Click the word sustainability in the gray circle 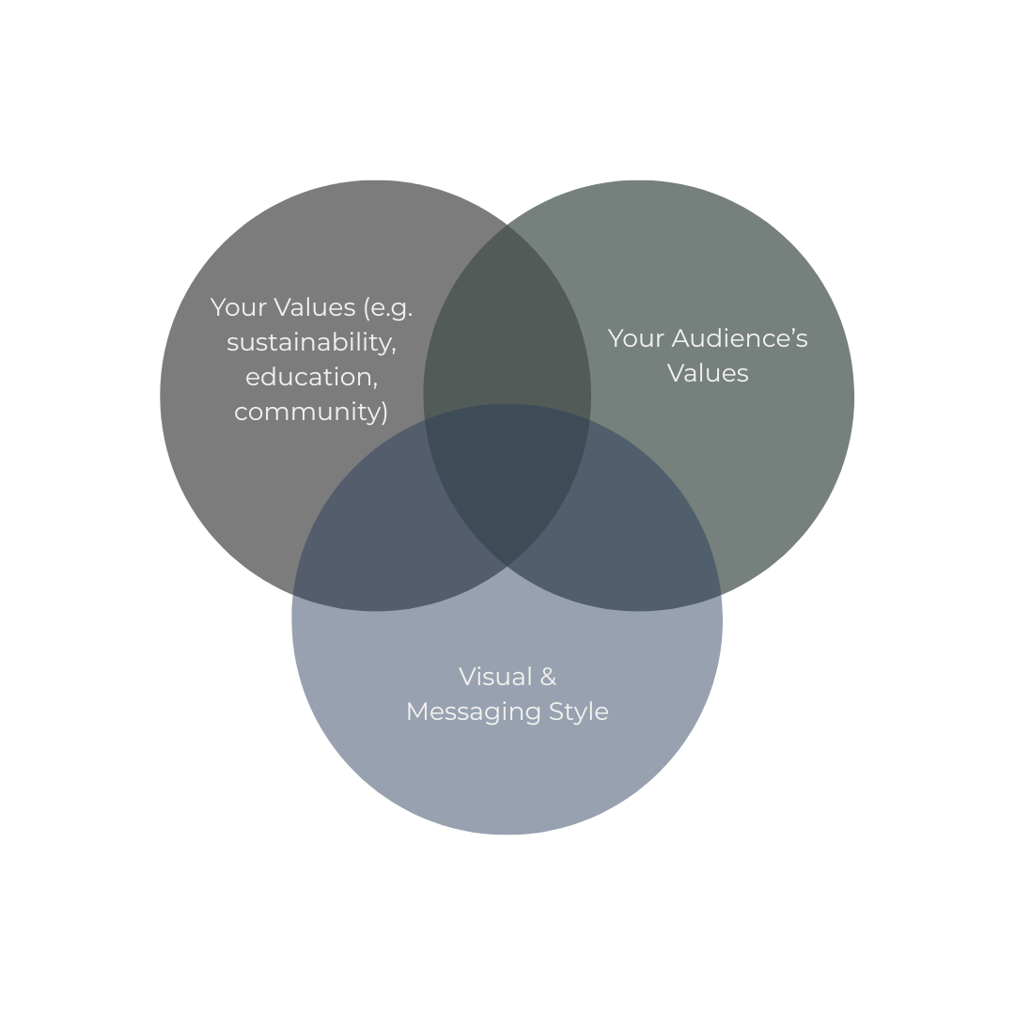pyautogui.click(x=311, y=342)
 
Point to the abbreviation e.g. pyautogui.click(x=388, y=307)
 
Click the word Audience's pyautogui.click(x=740, y=338)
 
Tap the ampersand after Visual pyautogui.click(x=547, y=677)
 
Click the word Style pyautogui.click(x=577, y=711)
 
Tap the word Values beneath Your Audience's pyautogui.click(x=708, y=373)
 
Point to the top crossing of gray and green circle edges pyautogui.click(x=507, y=224)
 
